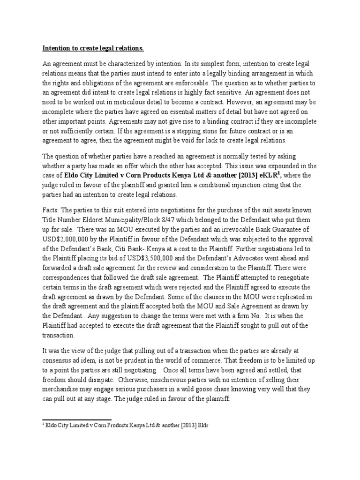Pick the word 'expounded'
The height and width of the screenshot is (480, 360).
click(260, 166)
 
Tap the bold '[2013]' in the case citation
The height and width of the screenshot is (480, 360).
click(239, 175)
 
